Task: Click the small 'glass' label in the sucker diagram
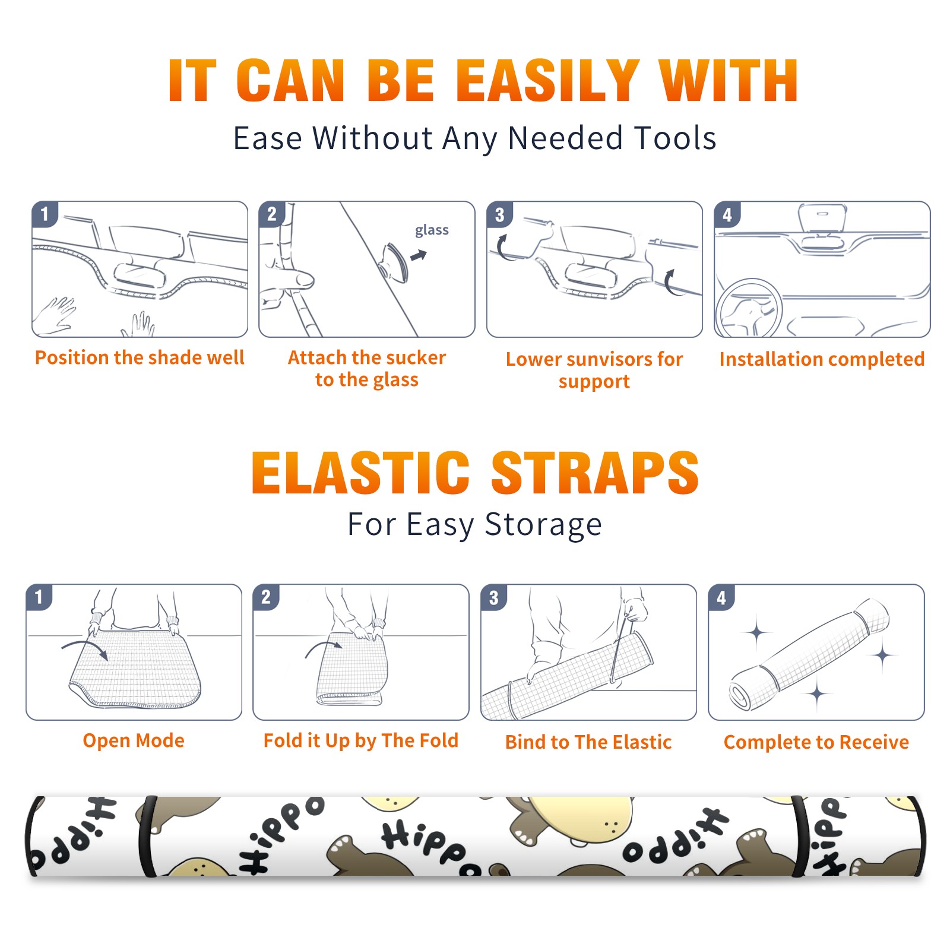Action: coord(432,230)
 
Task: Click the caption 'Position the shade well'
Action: coord(140,357)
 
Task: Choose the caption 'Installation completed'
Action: coord(822,359)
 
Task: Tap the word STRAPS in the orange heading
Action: coord(595,473)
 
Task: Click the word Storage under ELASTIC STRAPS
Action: coord(543,525)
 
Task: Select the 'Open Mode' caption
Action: coord(134,740)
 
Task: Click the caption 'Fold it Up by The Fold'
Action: coord(361,740)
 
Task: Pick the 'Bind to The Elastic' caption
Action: coord(588,742)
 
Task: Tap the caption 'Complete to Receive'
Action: coord(816,742)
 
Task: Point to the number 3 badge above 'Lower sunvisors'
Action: coord(499,214)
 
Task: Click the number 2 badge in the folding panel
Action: coord(265,597)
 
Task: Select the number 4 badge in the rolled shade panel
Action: coord(721,597)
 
